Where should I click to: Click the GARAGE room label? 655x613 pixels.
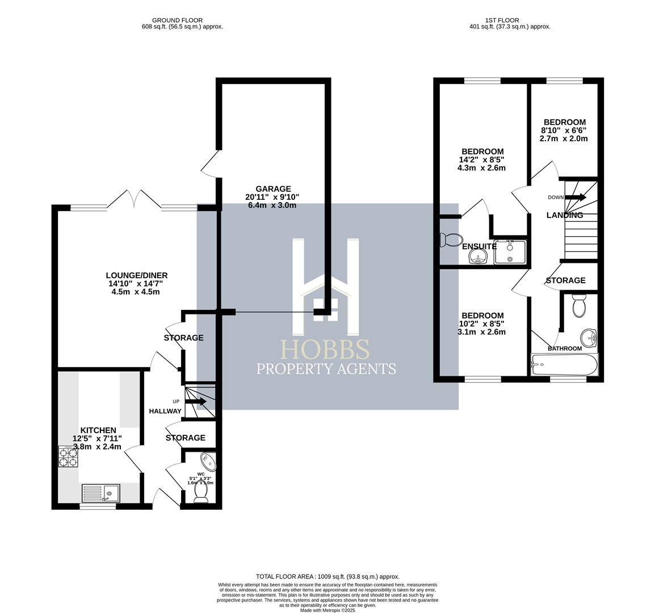pyautogui.click(x=273, y=189)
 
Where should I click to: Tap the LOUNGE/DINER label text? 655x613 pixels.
pyautogui.click(x=139, y=275)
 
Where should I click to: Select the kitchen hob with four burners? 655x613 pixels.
pyautogui.click(x=68, y=456)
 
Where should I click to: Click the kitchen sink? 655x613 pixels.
pyautogui.click(x=100, y=493)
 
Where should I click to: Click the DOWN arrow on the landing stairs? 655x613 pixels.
pyautogui.click(x=578, y=198)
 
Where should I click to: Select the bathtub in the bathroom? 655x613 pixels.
pyautogui.click(x=564, y=364)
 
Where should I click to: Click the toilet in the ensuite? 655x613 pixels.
pyautogui.click(x=451, y=240)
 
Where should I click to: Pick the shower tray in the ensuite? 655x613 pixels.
pyautogui.click(x=510, y=252)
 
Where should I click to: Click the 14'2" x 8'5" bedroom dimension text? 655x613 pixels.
pyautogui.click(x=481, y=159)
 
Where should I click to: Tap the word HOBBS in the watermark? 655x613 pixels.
pyautogui.click(x=326, y=350)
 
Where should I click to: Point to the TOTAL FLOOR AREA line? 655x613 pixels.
pyautogui.click(x=327, y=576)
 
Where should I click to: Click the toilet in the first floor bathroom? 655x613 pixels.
pyautogui.click(x=579, y=307)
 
